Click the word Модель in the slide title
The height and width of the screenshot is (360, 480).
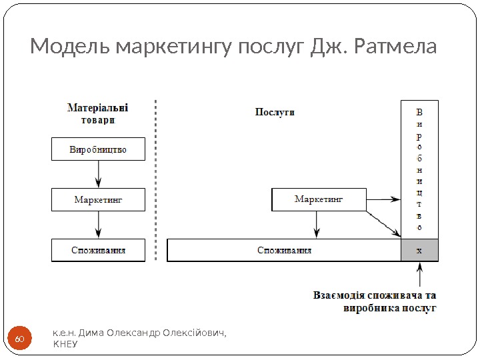(71, 47)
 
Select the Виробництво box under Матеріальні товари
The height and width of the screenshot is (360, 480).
(98, 149)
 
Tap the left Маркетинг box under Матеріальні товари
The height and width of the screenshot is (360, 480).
(98, 199)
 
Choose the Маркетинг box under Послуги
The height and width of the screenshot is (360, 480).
(319, 199)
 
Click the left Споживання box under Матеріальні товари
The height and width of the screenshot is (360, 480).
(98, 251)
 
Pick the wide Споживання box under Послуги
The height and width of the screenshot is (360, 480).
(284, 251)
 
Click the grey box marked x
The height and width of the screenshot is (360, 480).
(419, 251)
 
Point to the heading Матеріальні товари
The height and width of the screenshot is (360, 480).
(98, 113)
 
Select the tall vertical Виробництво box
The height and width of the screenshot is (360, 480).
(419, 169)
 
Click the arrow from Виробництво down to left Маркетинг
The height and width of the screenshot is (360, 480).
(99, 174)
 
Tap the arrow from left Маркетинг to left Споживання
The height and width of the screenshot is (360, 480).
(99, 225)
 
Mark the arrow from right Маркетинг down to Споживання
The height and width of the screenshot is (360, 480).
(317, 225)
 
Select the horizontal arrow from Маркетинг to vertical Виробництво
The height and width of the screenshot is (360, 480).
(383, 199)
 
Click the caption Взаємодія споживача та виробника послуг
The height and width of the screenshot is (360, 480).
(375, 301)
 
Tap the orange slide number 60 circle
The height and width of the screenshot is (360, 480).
(19, 341)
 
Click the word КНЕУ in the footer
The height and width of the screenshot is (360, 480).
(65, 344)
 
